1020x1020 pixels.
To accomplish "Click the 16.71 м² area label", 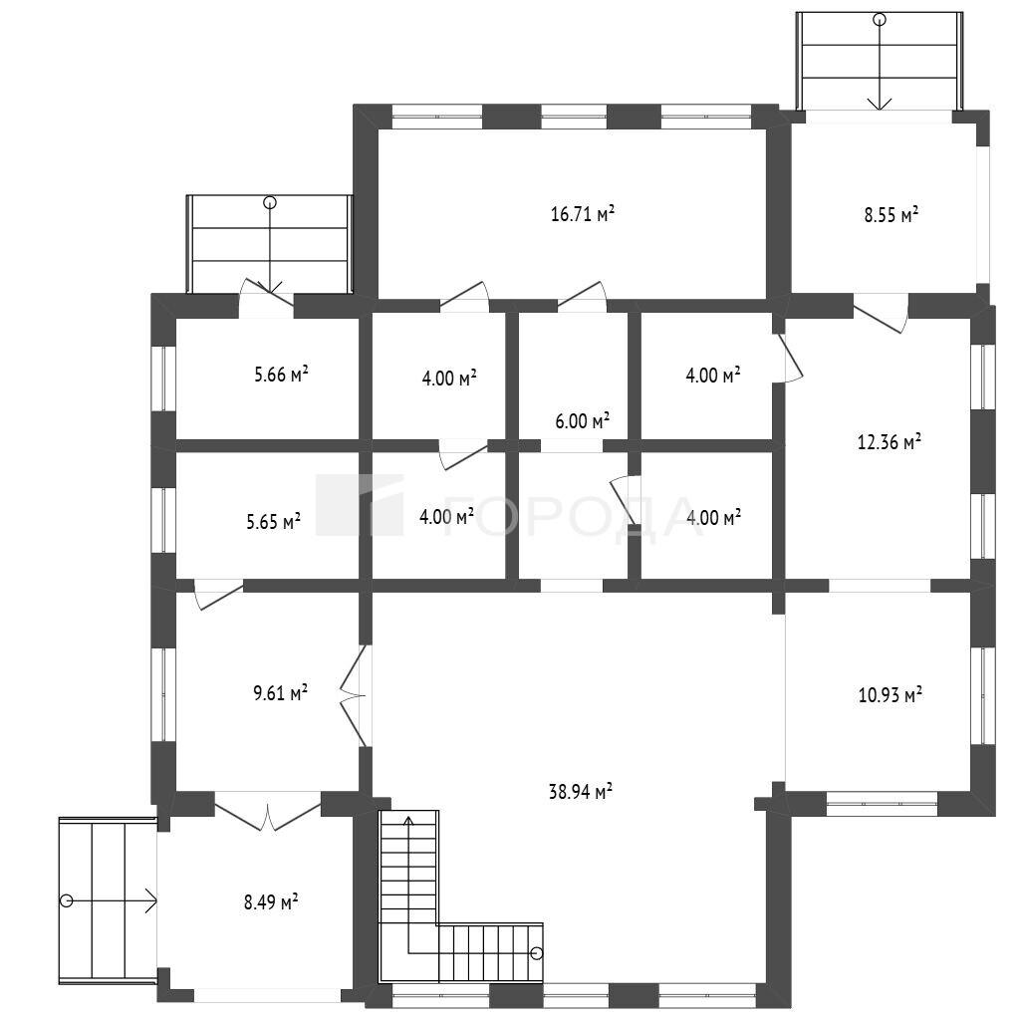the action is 582,213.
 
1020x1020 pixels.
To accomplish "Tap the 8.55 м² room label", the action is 891,214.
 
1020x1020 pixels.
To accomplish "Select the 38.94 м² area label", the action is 581,791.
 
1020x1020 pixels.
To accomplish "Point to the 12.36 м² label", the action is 889,441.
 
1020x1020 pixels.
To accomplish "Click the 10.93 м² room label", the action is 890,694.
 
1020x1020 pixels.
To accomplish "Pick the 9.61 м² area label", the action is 280,692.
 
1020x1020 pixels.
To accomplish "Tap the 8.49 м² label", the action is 271,901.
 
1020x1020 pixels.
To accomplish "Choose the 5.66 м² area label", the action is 281,375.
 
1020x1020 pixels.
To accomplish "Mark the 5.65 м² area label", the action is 273,521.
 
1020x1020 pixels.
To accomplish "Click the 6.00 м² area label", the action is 582,421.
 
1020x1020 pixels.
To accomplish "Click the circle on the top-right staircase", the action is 880,20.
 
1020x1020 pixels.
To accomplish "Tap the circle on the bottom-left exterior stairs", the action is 66,900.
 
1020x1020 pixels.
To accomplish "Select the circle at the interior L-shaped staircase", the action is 536,953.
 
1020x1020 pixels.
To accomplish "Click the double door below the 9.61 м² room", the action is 267,812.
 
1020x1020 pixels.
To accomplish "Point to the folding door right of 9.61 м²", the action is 354,695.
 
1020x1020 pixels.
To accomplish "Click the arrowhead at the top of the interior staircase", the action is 408,821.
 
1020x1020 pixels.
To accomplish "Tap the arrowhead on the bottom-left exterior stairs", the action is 151,900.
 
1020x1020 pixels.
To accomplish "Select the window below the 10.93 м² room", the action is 883,804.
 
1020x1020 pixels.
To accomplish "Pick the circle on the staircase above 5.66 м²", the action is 269,202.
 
